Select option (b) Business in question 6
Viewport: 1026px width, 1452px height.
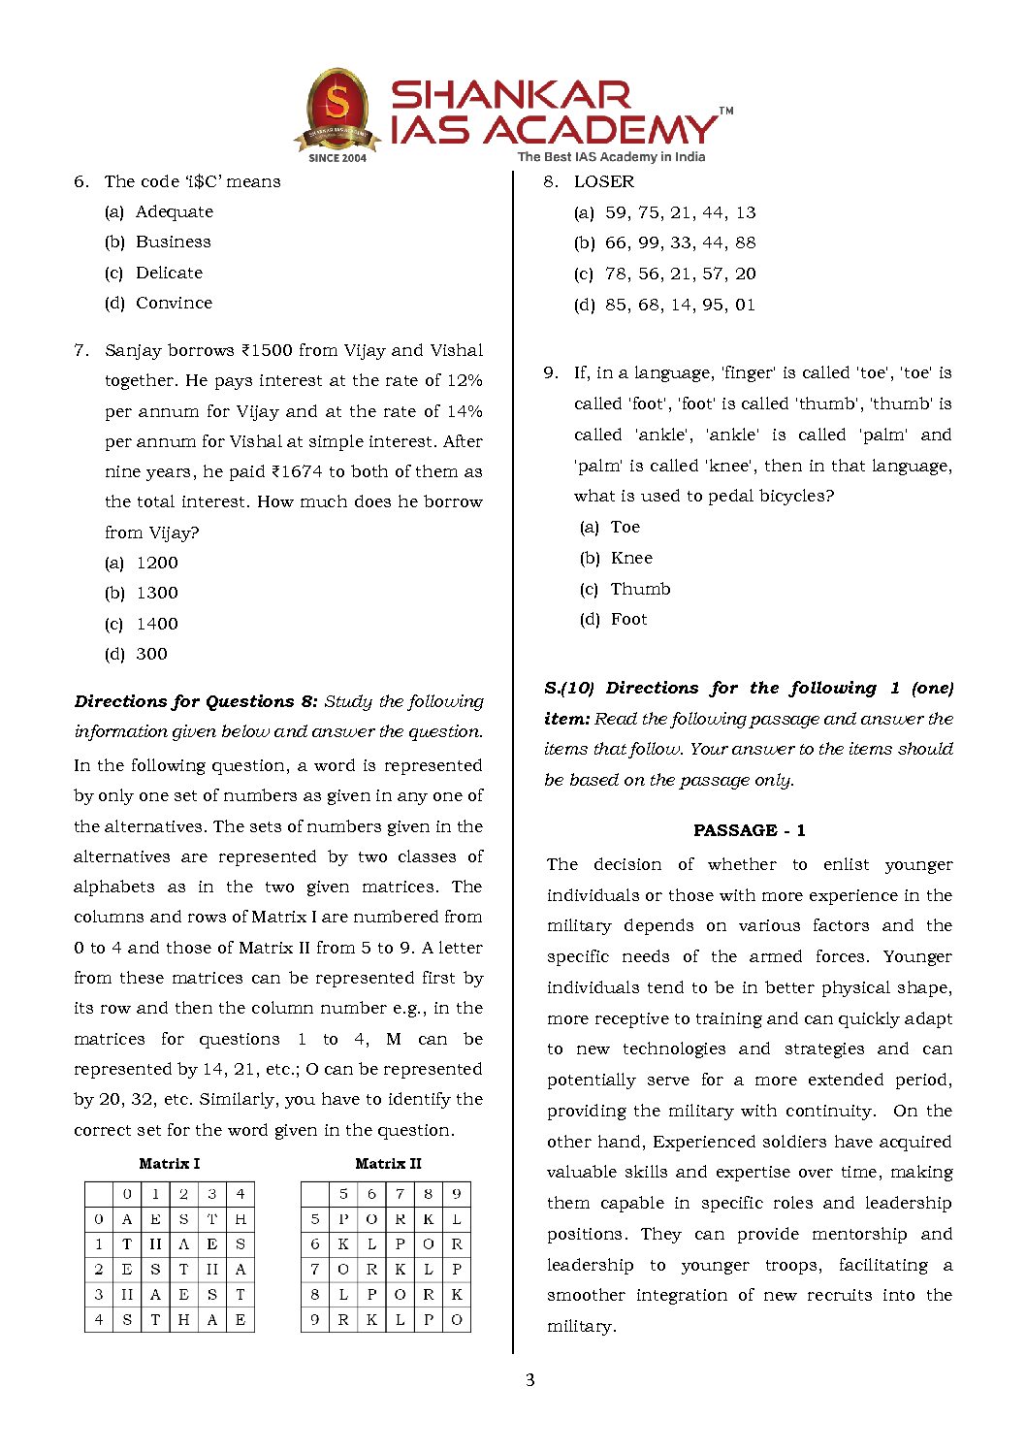[173, 242]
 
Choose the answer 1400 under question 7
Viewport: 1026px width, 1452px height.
[157, 624]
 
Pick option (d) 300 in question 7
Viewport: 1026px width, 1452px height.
[151, 654]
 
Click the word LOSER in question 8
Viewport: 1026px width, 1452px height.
[603, 181]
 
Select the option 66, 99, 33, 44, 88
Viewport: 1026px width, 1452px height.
[680, 242]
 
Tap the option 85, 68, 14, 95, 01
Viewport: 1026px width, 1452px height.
[680, 305]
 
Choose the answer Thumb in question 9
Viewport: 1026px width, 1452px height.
[640, 589]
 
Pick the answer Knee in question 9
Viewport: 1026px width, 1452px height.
[631, 558]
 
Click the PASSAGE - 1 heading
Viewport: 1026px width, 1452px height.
[749, 830]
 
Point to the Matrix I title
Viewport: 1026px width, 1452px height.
[169, 1163]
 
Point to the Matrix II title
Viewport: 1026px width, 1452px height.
[388, 1163]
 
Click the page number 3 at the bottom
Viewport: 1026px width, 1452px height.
[529, 1380]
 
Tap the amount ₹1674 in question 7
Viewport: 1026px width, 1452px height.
[297, 471]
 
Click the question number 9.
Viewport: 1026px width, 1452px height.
[551, 372]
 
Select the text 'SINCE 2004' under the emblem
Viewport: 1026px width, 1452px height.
[337, 157]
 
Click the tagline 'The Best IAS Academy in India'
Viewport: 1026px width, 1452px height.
[611, 156]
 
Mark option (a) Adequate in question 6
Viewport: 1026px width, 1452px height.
[174, 211]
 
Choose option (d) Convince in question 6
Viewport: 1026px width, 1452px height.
[174, 303]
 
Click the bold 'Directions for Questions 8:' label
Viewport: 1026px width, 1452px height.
[196, 701]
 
